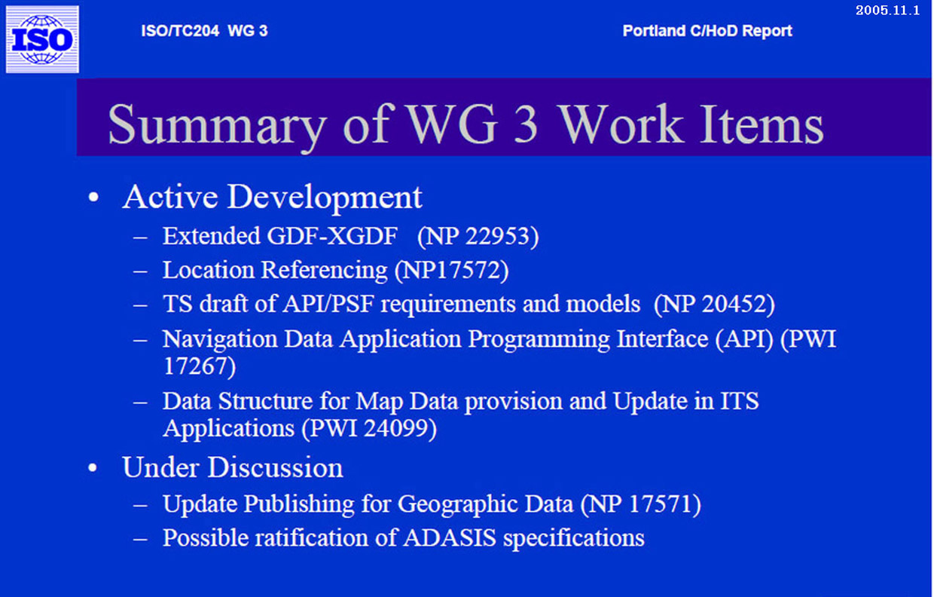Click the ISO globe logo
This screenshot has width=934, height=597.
tap(42, 39)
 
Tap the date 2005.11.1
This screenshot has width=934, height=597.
tap(888, 10)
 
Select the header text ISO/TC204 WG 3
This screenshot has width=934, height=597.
tap(204, 31)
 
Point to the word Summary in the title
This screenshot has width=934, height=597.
tap(217, 125)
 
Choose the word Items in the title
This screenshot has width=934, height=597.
tap(762, 124)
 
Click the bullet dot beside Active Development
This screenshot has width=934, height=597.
tap(93, 197)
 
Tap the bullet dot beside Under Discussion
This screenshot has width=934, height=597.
tap(93, 467)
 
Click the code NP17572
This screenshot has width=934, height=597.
tap(451, 270)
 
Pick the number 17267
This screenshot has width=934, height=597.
tap(196, 366)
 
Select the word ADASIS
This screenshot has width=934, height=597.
tap(450, 537)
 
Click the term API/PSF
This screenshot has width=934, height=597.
tap(328, 304)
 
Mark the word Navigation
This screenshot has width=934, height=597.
tap(220, 339)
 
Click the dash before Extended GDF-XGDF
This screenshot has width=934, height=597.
tap(140, 237)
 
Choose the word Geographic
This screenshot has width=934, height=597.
tap(485, 505)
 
